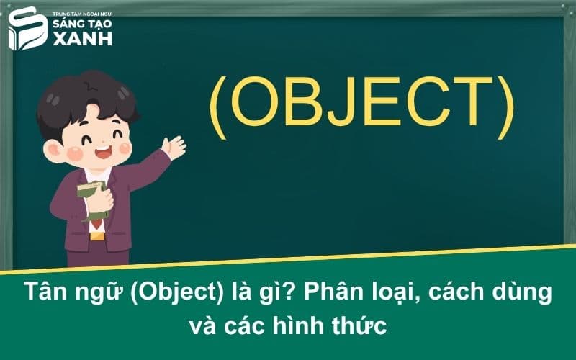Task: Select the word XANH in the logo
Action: [80, 39]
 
